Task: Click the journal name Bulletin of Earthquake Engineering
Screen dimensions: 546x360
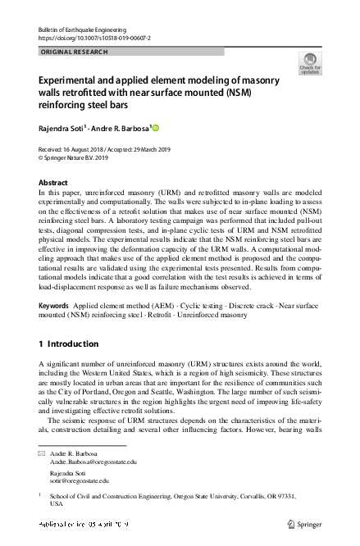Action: (x=80, y=29)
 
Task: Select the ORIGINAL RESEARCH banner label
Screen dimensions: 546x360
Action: (x=73, y=52)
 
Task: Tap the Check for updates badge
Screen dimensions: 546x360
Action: (x=310, y=63)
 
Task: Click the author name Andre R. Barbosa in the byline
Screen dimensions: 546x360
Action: (x=119, y=129)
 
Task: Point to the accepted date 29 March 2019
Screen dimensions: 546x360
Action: (x=149, y=150)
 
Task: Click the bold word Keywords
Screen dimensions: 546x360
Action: (x=54, y=304)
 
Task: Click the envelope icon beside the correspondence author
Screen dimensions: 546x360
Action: (x=43, y=453)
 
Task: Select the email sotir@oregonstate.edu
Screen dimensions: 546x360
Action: (x=81, y=481)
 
